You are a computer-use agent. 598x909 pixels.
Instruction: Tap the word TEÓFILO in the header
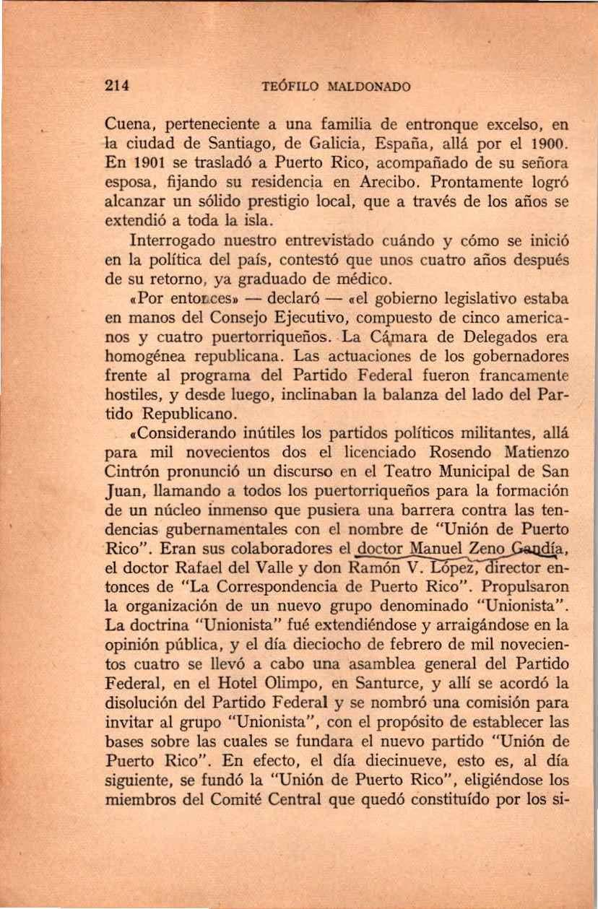[285, 87]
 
